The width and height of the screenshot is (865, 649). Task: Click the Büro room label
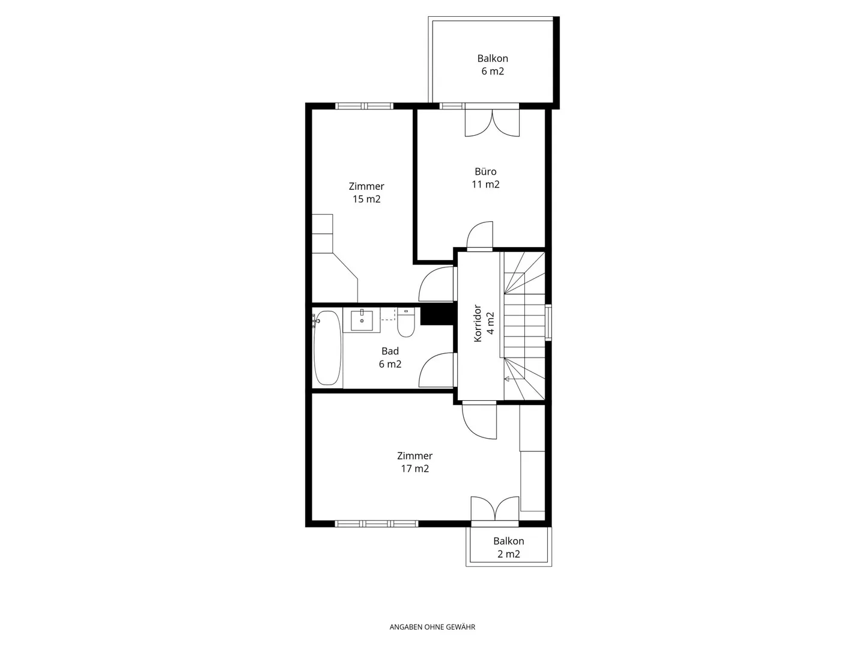pyautogui.click(x=485, y=178)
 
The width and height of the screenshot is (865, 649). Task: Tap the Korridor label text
pyautogui.click(x=477, y=323)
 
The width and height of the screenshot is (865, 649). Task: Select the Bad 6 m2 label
pyautogui.click(x=390, y=358)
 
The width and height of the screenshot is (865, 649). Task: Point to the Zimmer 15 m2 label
pyautogui.click(x=366, y=192)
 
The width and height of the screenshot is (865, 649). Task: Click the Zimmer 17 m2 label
pyautogui.click(x=414, y=462)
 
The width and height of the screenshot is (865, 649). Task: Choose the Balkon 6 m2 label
pyautogui.click(x=493, y=65)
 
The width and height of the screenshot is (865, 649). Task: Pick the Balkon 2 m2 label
pyautogui.click(x=509, y=547)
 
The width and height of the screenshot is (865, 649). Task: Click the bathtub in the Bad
pyautogui.click(x=327, y=347)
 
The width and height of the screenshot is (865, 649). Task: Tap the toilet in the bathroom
pyautogui.click(x=405, y=322)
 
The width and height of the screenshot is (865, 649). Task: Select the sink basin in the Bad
pyautogui.click(x=362, y=320)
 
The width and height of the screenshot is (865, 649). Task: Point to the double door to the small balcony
pyautogui.click(x=494, y=511)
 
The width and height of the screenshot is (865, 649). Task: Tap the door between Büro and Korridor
pyautogui.click(x=479, y=235)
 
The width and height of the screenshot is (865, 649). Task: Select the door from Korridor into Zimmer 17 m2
pyautogui.click(x=479, y=420)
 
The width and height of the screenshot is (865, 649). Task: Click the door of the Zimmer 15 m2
pyautogui.click(x=436, y=284)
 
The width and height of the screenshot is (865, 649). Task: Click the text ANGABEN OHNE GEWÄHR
pyautogui.click(x=432, y=627)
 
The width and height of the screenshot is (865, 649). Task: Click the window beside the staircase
pyautogui.click(x=548, y=322)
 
